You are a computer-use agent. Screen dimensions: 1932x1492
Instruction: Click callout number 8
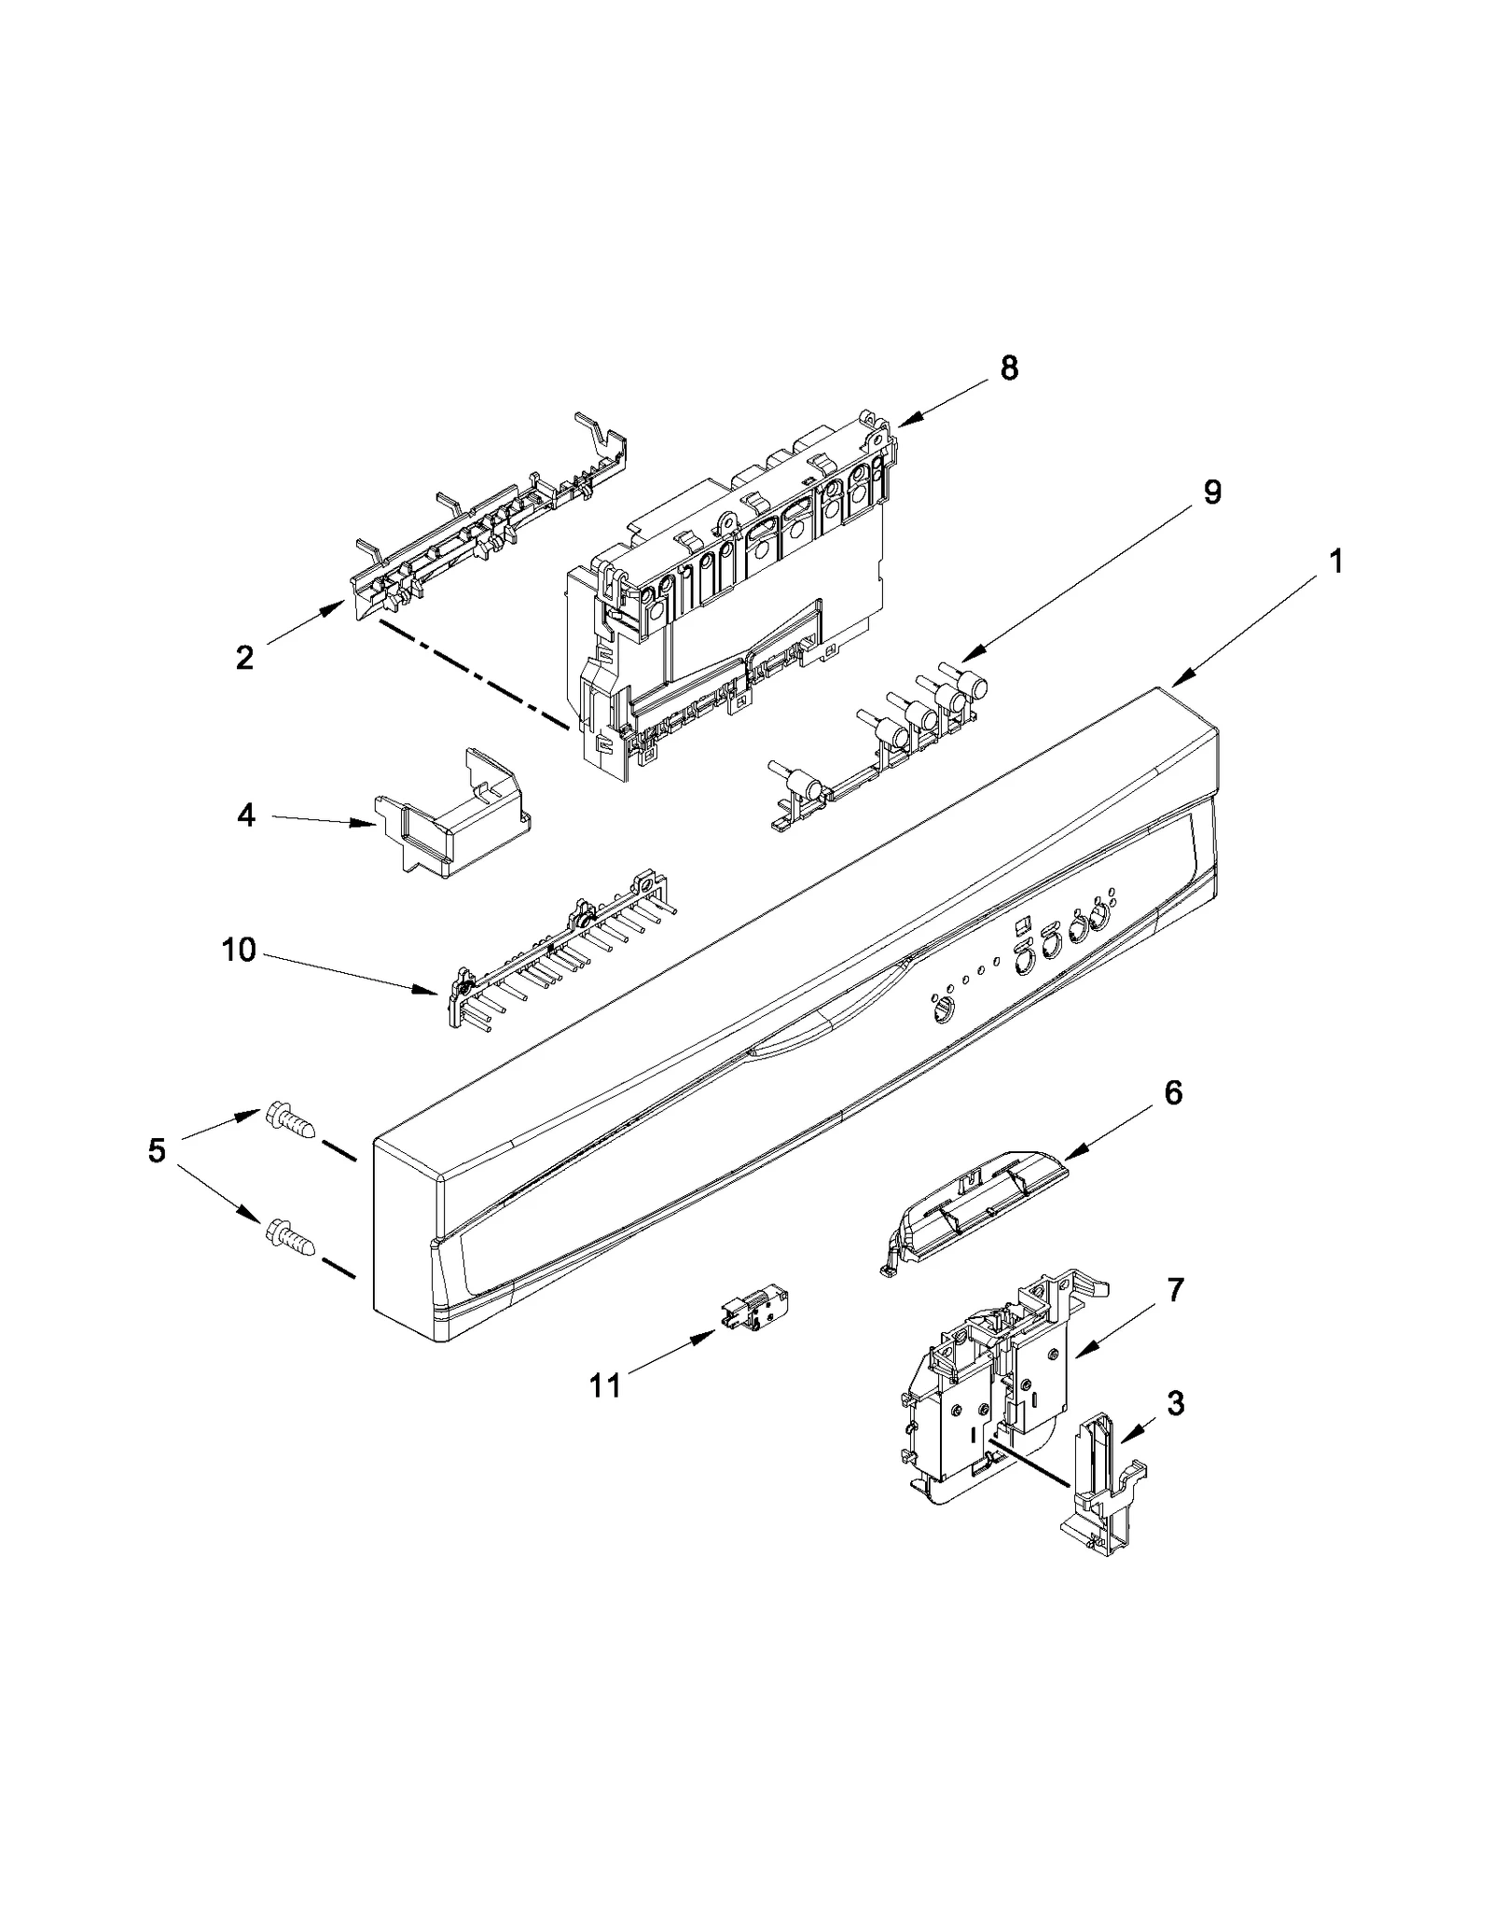(x=1009, y=369)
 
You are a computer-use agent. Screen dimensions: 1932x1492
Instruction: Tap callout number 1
(x=1335, y=563)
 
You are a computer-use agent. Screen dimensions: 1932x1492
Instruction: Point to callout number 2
(x=244, y=659)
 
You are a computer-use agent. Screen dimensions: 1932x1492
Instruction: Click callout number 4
(x=245, y=816)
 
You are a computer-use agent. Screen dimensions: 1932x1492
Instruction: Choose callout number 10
(x=239, y=951)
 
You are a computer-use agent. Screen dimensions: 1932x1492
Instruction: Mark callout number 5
(x=157, y=1150)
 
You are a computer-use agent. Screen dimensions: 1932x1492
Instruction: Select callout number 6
(x=1172, y=1092)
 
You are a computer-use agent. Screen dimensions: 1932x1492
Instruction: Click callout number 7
(x=1175, y=1291)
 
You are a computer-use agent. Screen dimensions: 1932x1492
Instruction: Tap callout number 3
(x=1175, y=1428)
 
